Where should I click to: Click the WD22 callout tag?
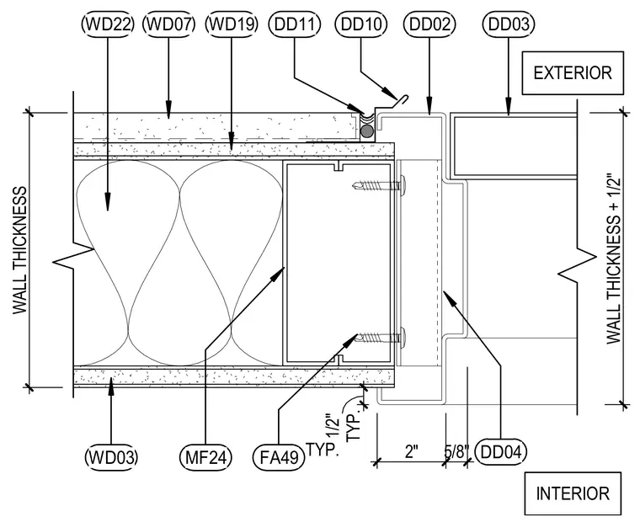pyautogui.click(x=108, y=24)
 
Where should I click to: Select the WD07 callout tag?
pyautogui.click(x=169, y=24)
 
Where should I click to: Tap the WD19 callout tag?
pyautogui.click(x=232, y=24)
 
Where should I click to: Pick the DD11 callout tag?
pyautogui.click(x=295, y=24)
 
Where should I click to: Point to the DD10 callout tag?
pyautogui.click(x=360, y=24)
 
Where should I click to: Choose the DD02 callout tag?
pyautogui.click(x=429, y=24)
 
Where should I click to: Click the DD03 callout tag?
pyautogui.click(x=509, y=24)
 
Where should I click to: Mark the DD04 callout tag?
pyautogui.click(x=501, y=452)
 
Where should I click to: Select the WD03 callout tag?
pyautogui.click(x=111, y=457)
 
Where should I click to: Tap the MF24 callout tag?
pyautogui.click(x=205, y=457)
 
